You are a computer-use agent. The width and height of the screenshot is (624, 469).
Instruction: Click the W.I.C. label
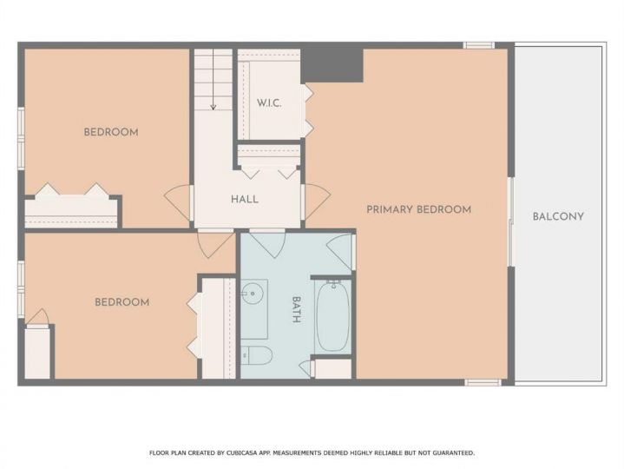coord(269,103)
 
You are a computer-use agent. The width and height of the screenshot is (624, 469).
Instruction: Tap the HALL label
coord(245,199)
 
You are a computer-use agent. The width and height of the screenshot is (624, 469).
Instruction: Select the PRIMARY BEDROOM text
coord(418,209)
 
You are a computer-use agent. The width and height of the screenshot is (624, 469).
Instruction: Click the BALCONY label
coord(558,216)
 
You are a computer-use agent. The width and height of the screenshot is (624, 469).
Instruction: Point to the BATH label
coord(296,309)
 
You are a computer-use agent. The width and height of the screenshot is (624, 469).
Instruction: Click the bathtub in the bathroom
coord(332,316)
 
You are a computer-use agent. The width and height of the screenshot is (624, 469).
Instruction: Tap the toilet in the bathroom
coord(256,354)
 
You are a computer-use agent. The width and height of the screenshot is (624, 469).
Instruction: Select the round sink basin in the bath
coord(253,294)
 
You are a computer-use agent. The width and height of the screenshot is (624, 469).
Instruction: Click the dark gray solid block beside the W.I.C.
coord(332,65)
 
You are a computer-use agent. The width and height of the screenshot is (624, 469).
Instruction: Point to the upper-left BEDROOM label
coord(111,132)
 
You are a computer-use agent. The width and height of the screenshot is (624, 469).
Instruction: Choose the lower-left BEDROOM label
coord(122,302)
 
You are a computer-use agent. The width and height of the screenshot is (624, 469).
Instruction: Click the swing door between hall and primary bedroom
coord(317,201)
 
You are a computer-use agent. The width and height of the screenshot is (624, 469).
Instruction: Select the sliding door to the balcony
coord(511,221)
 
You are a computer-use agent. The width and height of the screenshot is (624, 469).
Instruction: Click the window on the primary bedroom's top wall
coord(479,45)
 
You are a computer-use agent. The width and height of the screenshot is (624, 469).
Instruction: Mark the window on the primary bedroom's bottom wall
coord(483,383)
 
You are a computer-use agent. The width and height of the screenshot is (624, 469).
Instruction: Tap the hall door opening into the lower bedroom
coord(215,244)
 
